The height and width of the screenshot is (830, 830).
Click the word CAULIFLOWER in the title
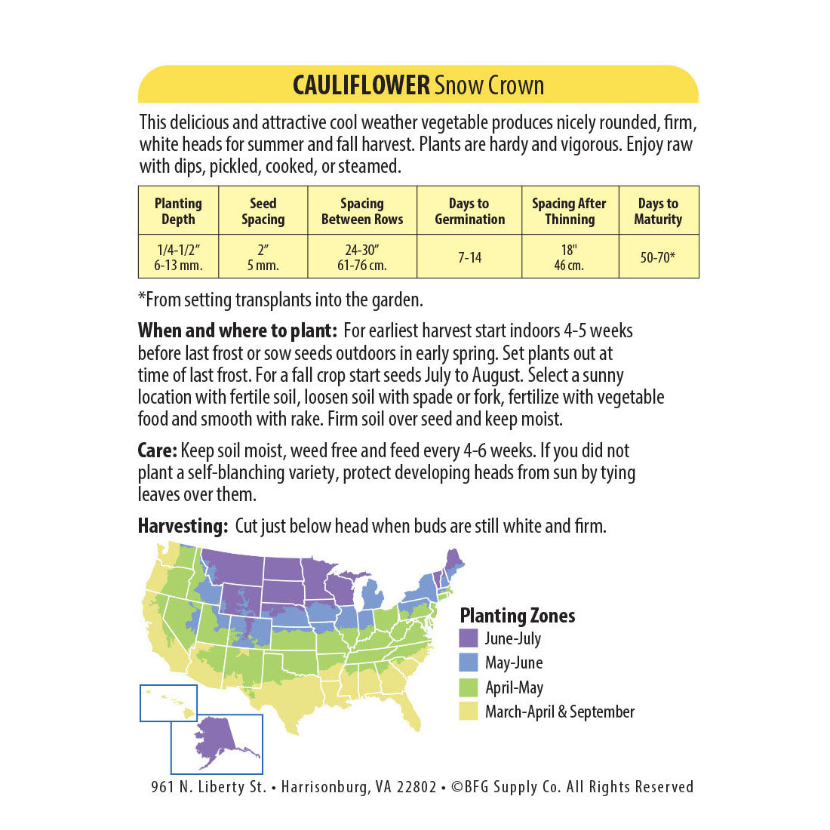(361, 85)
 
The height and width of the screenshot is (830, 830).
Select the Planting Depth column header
(178, 211)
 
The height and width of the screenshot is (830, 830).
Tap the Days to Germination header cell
(469, 211)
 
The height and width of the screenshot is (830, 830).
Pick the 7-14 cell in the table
(469, 257)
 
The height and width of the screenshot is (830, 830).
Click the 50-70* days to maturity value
(658, 257)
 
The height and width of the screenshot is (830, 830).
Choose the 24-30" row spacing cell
(362, 257)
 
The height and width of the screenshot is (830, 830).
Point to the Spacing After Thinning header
(570, 211)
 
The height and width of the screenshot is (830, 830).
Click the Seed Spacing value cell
(263, 257)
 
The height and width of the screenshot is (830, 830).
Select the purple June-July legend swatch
(469, 638)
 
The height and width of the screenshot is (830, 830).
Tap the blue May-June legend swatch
(469, 662)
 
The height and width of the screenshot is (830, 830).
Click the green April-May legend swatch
(469, 687)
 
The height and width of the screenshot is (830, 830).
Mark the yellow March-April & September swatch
(469, 712)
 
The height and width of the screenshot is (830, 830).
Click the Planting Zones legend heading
(518, 616)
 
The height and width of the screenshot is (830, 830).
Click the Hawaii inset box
(168, 702)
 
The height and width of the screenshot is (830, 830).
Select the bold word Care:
(157, 451)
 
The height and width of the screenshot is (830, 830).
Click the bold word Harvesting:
(183, 526)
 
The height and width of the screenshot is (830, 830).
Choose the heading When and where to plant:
(237, 330)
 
